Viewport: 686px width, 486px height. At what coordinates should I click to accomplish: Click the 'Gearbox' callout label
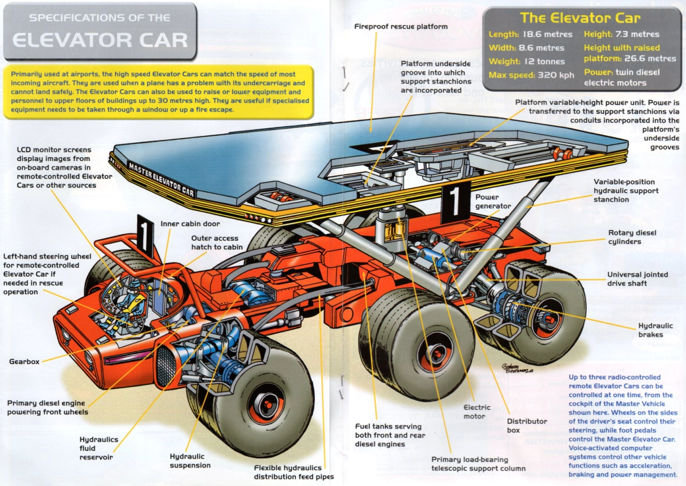(24, 362)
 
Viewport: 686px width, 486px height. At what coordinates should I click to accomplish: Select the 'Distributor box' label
(527, 426)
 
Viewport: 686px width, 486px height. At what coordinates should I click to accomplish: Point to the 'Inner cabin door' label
(190, 223)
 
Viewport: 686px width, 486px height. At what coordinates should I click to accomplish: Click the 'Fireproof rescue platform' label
(401, 27)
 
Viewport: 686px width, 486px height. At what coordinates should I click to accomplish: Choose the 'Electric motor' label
(477, 412)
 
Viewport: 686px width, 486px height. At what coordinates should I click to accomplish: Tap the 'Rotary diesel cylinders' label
(632, 237)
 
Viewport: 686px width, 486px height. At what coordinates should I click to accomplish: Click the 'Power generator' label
(493, 202)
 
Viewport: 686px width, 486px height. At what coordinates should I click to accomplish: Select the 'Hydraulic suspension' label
(190, 461)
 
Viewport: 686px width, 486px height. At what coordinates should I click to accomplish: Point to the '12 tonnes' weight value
(545, 61)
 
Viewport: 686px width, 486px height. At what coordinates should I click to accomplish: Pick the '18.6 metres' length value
(547, 34)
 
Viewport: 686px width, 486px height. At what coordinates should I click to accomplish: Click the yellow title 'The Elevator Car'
(580, 18)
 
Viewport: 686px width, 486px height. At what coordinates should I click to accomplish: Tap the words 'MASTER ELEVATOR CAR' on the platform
(161, 179)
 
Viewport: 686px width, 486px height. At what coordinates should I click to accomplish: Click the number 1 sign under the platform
(455, 202)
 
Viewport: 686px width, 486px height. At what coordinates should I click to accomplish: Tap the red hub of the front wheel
(265, 403)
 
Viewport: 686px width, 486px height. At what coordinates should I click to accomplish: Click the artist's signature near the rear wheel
(517, 368)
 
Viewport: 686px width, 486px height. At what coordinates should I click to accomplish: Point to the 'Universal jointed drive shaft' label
(638, 279)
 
